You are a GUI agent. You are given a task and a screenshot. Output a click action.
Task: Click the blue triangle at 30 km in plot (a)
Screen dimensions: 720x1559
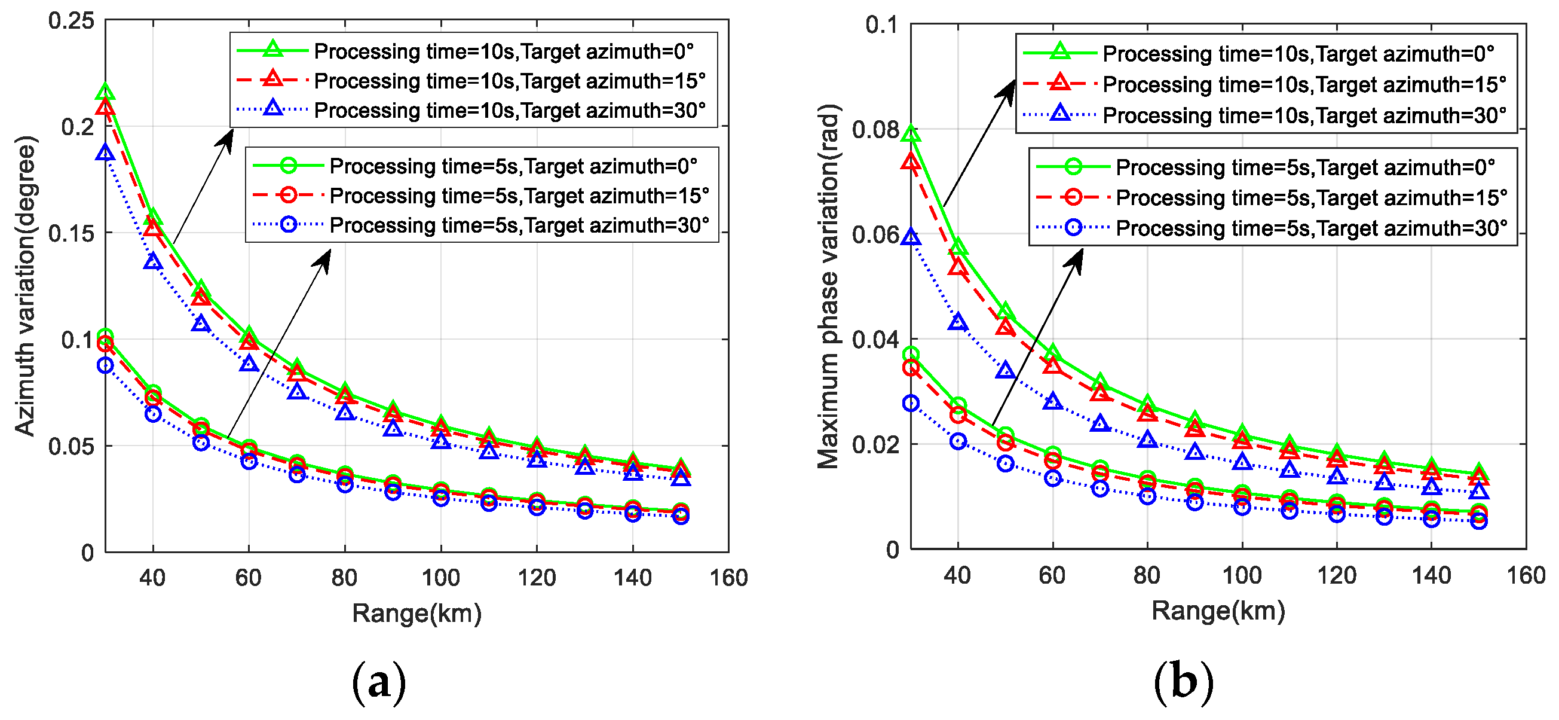point(105,152)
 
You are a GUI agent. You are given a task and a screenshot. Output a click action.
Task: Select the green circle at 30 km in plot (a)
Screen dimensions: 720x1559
point(105,336)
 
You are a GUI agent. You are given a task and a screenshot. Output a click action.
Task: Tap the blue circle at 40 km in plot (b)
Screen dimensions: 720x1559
point(958,441)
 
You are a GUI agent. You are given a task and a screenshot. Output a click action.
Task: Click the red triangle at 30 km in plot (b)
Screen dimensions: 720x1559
point(911,161)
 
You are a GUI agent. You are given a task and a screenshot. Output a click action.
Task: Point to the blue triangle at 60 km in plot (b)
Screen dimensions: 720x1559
point(1053,401)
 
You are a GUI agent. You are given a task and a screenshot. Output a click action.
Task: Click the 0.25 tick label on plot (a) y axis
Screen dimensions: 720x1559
point(72,21)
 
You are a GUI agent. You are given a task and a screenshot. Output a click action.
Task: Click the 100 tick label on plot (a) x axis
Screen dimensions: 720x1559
point(440,578)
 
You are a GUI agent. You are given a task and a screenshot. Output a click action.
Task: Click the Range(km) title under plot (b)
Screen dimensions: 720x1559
point(1218,611)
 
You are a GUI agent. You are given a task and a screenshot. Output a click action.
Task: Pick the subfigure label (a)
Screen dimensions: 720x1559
point(379,682)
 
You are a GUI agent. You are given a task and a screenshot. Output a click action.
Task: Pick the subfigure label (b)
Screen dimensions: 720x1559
point(1184,682)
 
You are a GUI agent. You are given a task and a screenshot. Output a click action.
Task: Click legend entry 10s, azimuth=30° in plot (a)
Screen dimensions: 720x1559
point(510,111)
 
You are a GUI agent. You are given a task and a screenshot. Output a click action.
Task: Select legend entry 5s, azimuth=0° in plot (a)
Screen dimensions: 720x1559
point(513,166)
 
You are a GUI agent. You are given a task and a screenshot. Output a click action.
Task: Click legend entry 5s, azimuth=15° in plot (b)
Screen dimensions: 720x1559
point(1311,197)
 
